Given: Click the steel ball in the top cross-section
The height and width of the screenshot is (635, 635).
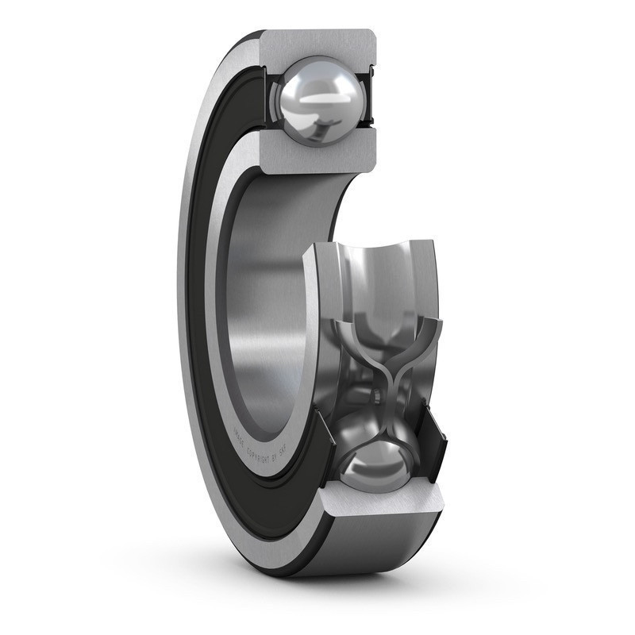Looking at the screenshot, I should (x=317, y=101).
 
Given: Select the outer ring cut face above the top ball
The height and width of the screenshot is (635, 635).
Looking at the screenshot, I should (x=317, y=44).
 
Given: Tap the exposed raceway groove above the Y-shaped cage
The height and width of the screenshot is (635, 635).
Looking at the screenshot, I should (x=381, y=278).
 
